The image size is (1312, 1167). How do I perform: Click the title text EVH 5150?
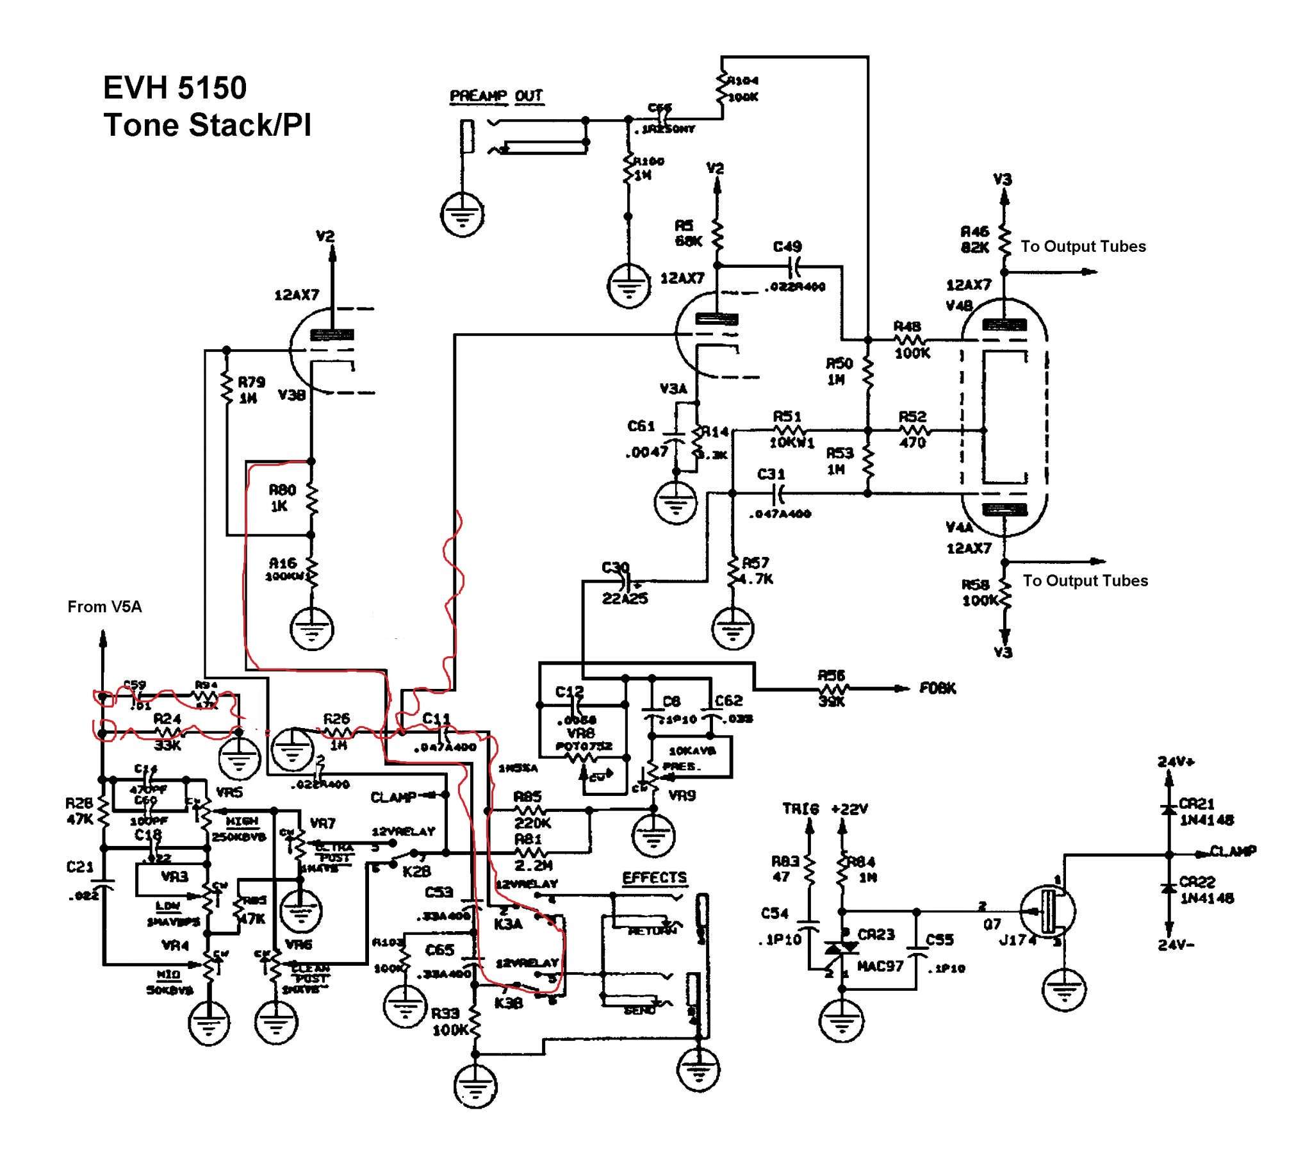click(x=175, y=88)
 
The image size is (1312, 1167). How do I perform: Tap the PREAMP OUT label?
click(x=496, y=96)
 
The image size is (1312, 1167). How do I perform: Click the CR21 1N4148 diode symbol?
click(x=1169, y=811)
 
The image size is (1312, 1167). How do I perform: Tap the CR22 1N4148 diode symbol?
click(x=1169, y=889)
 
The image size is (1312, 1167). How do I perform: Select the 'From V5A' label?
click(x=104, y=607)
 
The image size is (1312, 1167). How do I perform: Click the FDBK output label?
click(x=937, y=688)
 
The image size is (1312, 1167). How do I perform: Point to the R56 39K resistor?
click(x=833, y=688)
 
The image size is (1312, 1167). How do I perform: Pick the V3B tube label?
click(x=291, y=395)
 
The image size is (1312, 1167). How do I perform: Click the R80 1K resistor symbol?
click(x=312, y=499)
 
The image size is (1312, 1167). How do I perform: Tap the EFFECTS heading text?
click(x=654, y=878)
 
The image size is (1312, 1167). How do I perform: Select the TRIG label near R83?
click(x=800, y=809)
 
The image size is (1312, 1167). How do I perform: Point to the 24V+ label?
click(x=1176, y=762)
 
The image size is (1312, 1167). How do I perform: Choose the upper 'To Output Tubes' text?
click(x=1083, y=247)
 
